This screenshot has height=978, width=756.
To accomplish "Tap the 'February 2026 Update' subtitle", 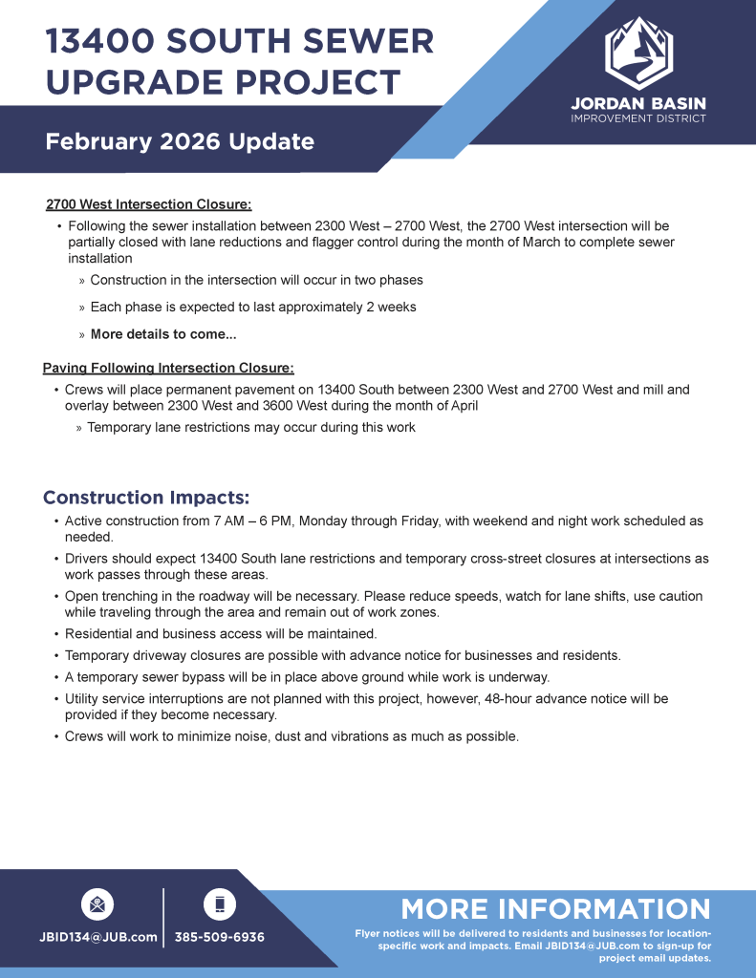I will point(180,142).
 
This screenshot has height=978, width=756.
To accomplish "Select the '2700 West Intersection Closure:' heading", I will point(148,204).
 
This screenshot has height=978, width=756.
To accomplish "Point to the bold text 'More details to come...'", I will point(163,334).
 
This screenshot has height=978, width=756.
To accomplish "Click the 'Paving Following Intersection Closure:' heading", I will point(168,368).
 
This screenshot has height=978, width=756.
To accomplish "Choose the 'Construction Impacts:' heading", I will point(146,498).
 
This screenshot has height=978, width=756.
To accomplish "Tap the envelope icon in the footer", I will point(97,904).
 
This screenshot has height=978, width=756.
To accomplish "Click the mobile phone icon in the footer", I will point(219,904).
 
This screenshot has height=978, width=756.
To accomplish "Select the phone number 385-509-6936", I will point(219,937).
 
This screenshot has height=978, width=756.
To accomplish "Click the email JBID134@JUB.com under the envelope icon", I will point(97,937).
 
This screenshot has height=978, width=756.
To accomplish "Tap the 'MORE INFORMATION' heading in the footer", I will point(555,908).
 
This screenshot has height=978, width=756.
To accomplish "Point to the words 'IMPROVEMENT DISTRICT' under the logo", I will point(638,118).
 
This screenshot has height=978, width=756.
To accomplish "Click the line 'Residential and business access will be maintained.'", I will point(221,633).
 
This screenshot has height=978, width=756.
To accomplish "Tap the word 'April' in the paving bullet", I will point(459,405).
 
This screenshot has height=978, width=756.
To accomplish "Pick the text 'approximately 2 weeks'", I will point(350,308).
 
